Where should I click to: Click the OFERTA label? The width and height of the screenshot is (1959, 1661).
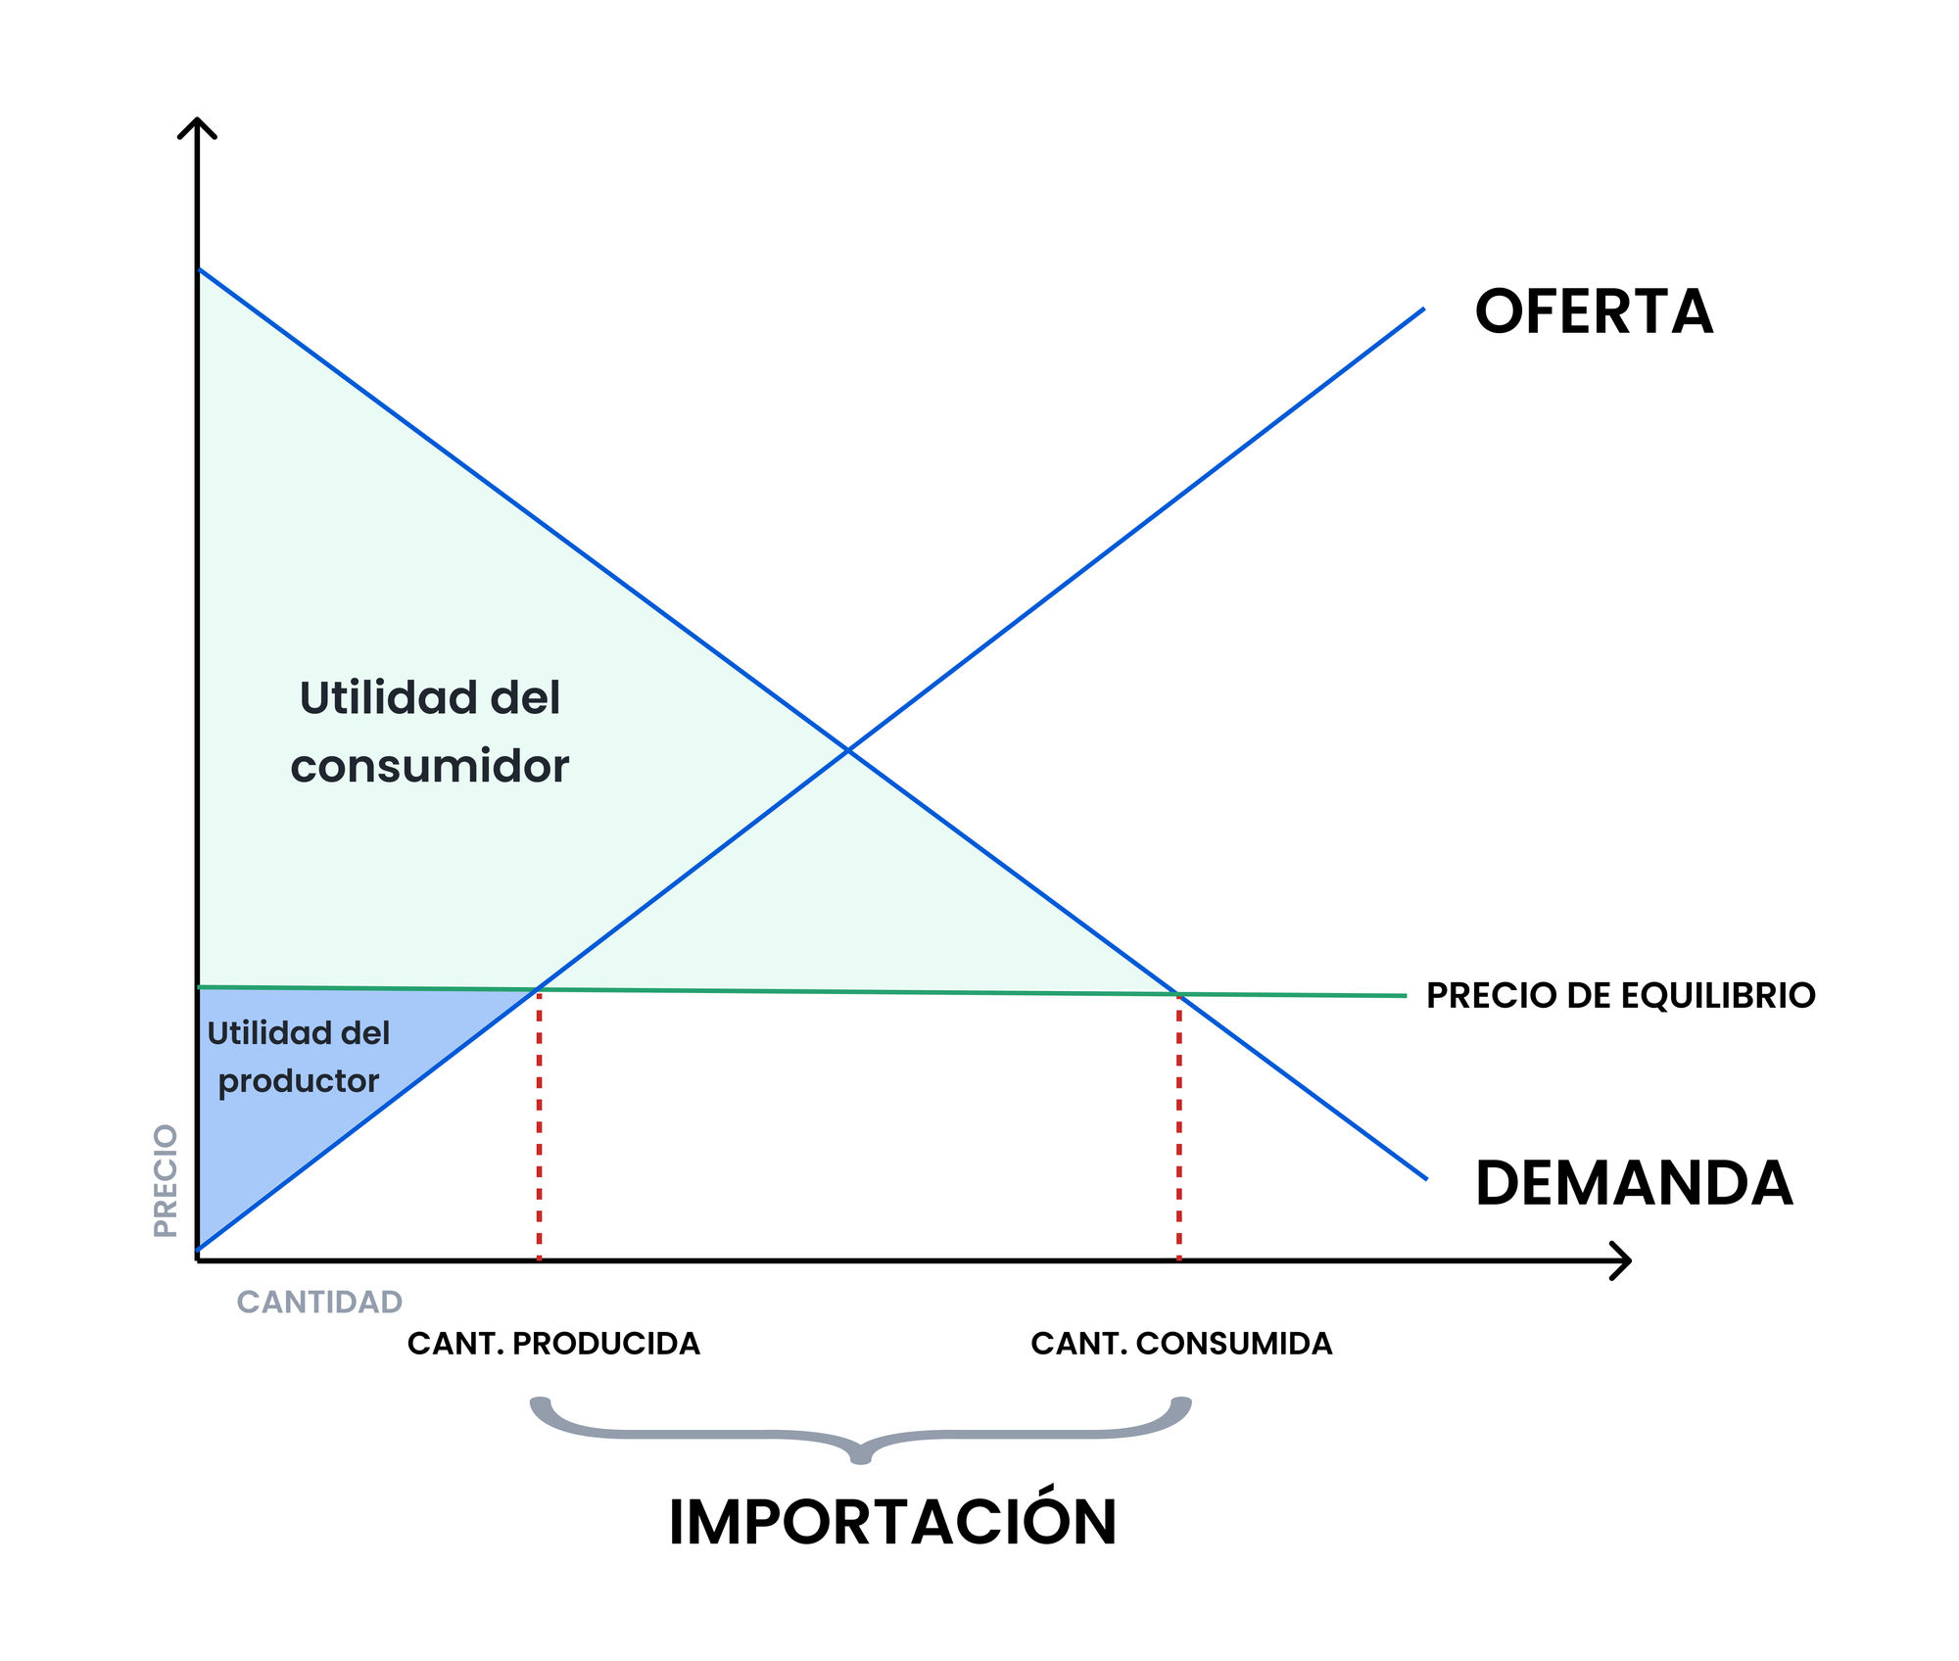tap(1594, 312)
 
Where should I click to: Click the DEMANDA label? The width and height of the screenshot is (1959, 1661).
tap(1633, 1183)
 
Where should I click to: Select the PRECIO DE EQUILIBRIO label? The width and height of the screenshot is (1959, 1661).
tap(1620, 996)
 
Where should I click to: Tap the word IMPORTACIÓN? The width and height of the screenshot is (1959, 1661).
tap(892, 1523)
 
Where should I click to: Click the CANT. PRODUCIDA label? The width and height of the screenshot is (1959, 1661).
tap(553, 1344)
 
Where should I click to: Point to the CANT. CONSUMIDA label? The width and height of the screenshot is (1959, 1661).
tap(1181, 1344)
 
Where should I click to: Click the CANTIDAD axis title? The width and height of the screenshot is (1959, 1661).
tap(319, 1302)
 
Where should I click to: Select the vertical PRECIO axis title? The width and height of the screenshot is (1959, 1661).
tap(166, 1181)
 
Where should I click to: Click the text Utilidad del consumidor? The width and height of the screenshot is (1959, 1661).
tap(430, 732)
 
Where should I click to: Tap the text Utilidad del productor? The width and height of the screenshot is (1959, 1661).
tap(298, 1057)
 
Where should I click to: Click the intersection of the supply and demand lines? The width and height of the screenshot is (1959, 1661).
tap(848, 750)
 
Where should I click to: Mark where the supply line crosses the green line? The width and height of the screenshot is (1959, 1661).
tap(538, 989)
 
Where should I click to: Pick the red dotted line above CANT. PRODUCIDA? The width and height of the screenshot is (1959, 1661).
tap(539, 1126)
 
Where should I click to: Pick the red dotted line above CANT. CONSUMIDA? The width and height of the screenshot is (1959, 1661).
tap(1178, 1126)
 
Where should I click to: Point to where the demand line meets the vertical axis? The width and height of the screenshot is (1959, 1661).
tap(199, 269)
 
